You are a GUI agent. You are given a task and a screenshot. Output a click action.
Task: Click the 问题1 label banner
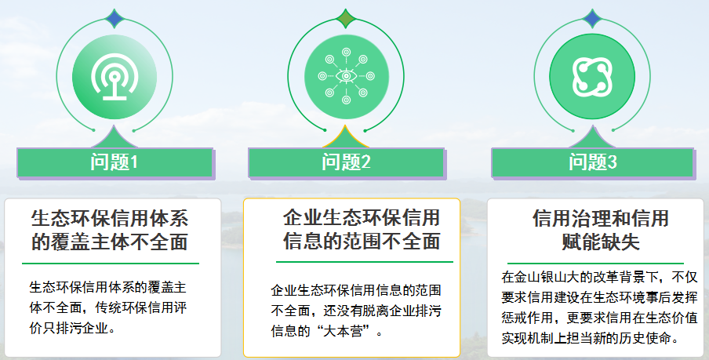(115, 162)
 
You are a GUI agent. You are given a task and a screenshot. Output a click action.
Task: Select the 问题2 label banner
(346, 162)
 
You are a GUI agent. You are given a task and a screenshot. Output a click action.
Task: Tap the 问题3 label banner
(593, 162)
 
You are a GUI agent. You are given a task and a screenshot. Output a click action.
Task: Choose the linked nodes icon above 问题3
(593, 75)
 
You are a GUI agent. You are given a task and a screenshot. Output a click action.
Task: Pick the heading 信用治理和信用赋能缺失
(600, 229)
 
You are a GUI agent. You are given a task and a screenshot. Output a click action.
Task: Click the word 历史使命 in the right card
(646, 339)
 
